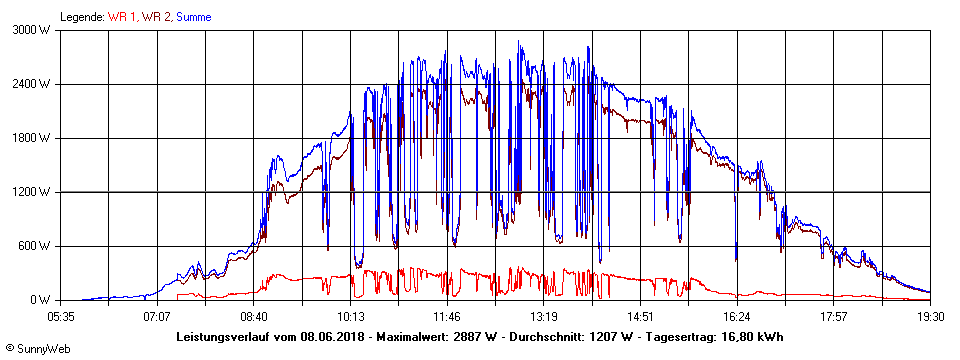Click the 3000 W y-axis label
(x=30, y=30)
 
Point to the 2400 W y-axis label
(x=30, y=84)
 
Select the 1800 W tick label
(x=30, y=138)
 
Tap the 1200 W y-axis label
(x=30, y=192)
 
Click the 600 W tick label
(x=33, y=246)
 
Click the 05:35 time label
(x=61, y=316)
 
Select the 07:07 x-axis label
(x=157, y=316)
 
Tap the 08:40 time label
(x=254, y=316)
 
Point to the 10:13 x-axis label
(x=350, y=316)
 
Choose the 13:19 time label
(x=543, y=316)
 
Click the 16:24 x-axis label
(x=737, y=316)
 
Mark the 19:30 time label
(x=930, y=316)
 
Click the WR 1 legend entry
(x=121, y=16)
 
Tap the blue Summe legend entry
(x=196, y=16)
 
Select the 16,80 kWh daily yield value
(x=751, y=336)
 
